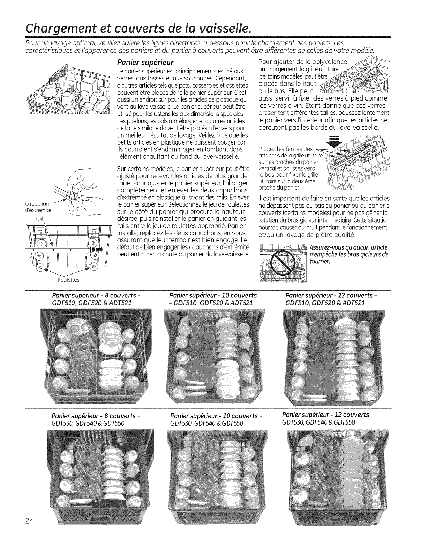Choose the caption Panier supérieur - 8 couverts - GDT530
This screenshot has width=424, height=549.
tap(95, 419)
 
